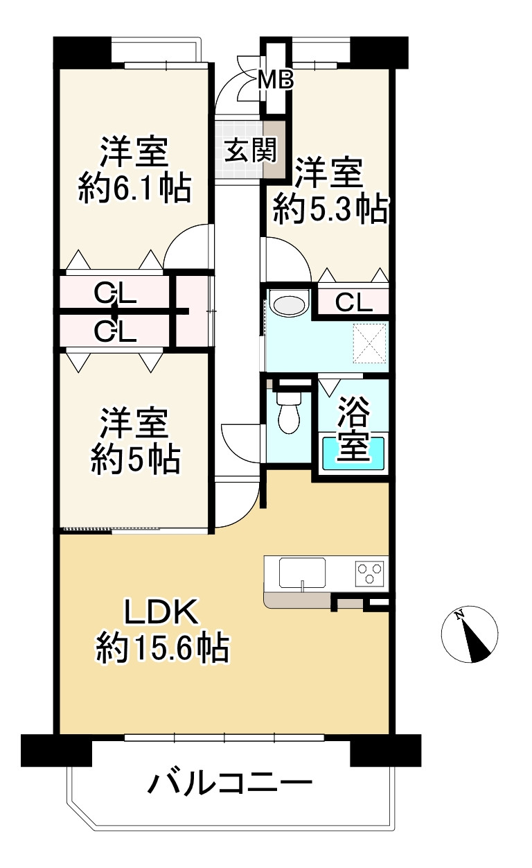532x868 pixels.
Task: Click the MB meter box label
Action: tap(276, 80)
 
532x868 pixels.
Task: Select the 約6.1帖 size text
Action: tap(134, 187)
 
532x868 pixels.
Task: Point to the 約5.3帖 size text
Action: tap(329, 209)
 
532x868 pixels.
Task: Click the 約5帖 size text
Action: tap(135, 458)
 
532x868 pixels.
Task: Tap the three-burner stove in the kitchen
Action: tap(369, 573)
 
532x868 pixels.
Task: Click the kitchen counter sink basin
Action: tap(302, 573)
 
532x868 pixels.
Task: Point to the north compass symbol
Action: tap(470, 633)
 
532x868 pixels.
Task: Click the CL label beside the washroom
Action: tap(353, 302)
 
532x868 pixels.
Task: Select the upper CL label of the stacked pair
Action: tap(115, 295)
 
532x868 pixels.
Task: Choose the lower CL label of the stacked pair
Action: tap(115, 333)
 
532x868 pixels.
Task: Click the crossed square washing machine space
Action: tap(369, 343)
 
